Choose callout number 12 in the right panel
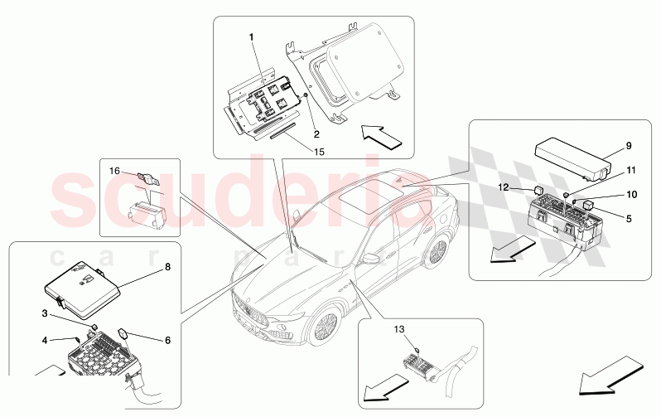click(x=504, y=188)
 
